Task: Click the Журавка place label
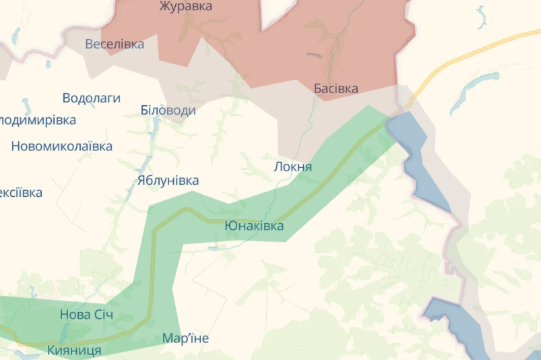[185, 7]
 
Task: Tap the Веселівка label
[115, 44]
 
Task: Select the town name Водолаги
[91, 98]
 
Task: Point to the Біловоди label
[168, 110]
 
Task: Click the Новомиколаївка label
[61, 146]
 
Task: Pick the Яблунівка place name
[168, 181]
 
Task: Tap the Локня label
[293, 167]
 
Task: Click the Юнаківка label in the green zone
[254, 226]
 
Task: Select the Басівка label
[336, 88]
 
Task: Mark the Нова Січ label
[86, 315]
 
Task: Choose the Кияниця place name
[74, 351]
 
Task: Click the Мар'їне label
[185, 338]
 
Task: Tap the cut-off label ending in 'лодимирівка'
[38, 120]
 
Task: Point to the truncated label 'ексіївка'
[21, 193]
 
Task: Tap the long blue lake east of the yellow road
[471, 91]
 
